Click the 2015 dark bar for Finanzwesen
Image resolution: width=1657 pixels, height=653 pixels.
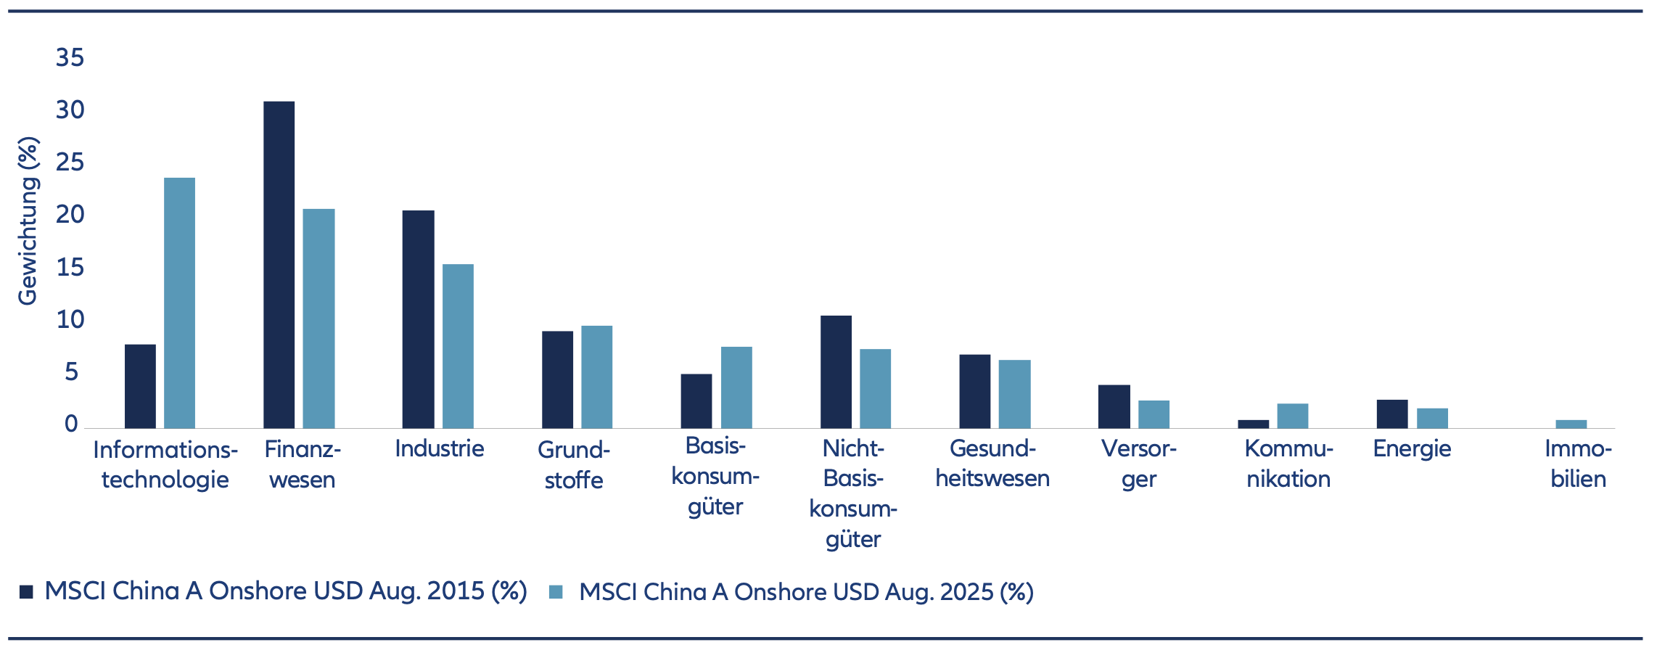[279, 265]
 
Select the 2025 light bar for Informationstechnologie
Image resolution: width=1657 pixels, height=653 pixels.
[179, 303]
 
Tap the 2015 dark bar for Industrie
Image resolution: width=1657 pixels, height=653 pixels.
[418, 319]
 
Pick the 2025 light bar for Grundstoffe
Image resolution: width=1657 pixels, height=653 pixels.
[596, 377]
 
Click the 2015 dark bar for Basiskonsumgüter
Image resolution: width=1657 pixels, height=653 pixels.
[696, 401]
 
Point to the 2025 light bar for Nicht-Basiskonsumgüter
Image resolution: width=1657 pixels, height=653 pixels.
[875, 388]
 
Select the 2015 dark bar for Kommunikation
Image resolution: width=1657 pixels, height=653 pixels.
[1253, 424]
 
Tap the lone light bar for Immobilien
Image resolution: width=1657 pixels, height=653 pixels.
[1571, 424]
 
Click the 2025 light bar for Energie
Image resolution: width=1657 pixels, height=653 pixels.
[1432, 418]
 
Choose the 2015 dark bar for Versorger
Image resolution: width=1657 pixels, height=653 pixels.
[1114, 406]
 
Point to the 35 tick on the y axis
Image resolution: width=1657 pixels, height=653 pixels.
[70, 58]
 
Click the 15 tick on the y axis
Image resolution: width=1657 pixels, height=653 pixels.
[70, 268]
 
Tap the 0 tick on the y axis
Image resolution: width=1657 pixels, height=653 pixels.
[70, 424]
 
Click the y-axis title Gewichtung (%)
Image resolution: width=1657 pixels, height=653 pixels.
[28, 221]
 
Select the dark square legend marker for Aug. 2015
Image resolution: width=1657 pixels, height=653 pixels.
[27, 591]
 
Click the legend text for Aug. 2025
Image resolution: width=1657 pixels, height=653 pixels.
[805, 592]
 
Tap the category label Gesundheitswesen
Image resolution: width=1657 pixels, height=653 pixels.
[992, 464]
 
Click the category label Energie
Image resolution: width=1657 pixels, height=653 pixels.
[1412, 449]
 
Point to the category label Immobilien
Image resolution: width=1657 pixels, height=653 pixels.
[1577, 464]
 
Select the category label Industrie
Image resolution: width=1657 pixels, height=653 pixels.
[439, 448]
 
